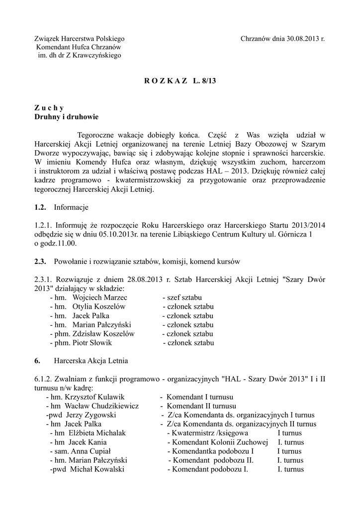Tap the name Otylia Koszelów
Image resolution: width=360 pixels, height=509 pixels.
pos(99,306)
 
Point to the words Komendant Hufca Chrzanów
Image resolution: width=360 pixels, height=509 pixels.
pos(79,47)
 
